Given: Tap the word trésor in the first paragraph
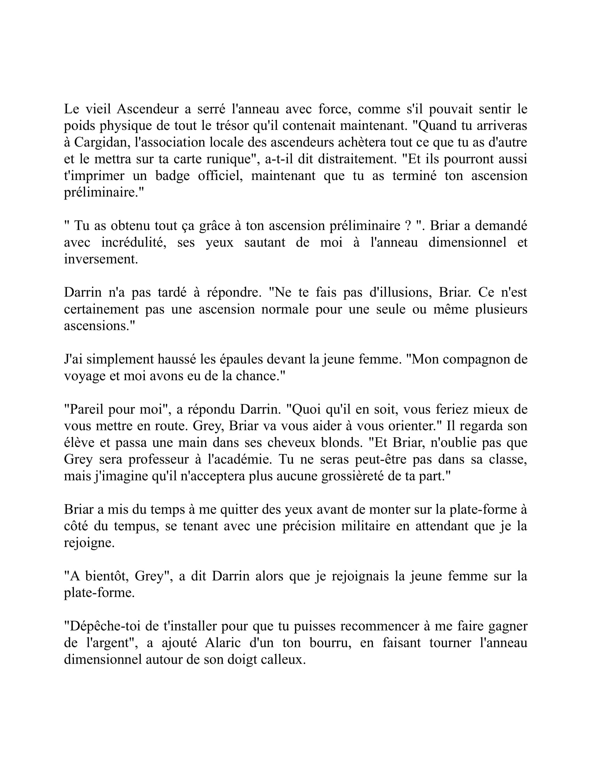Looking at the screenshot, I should pos(229,126).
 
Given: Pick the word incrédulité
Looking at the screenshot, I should pos(134,242).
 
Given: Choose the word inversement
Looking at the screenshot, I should pos(101,259).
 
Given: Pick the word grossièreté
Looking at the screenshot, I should pos(352,476).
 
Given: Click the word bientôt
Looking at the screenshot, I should pos(107,576).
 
